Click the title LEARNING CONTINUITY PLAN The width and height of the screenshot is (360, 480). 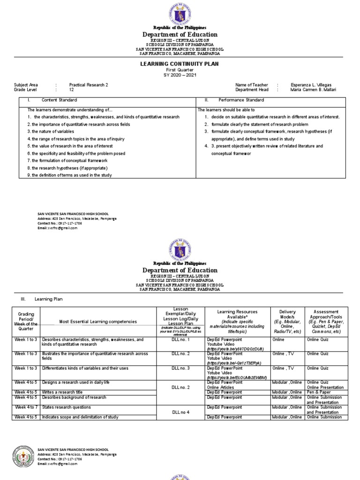pos(180,64)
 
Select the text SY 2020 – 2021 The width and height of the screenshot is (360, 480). pos(180,75)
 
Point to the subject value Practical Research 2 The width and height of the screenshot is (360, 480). pos(89,85)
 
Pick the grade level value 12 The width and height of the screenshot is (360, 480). pos(72,90)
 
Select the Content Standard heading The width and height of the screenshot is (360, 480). pos(59,100)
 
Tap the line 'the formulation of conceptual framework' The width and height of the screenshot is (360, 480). pos(71,160)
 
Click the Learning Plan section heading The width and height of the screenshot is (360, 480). pos(48,299)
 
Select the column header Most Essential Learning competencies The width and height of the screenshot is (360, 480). pos(97,321)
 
